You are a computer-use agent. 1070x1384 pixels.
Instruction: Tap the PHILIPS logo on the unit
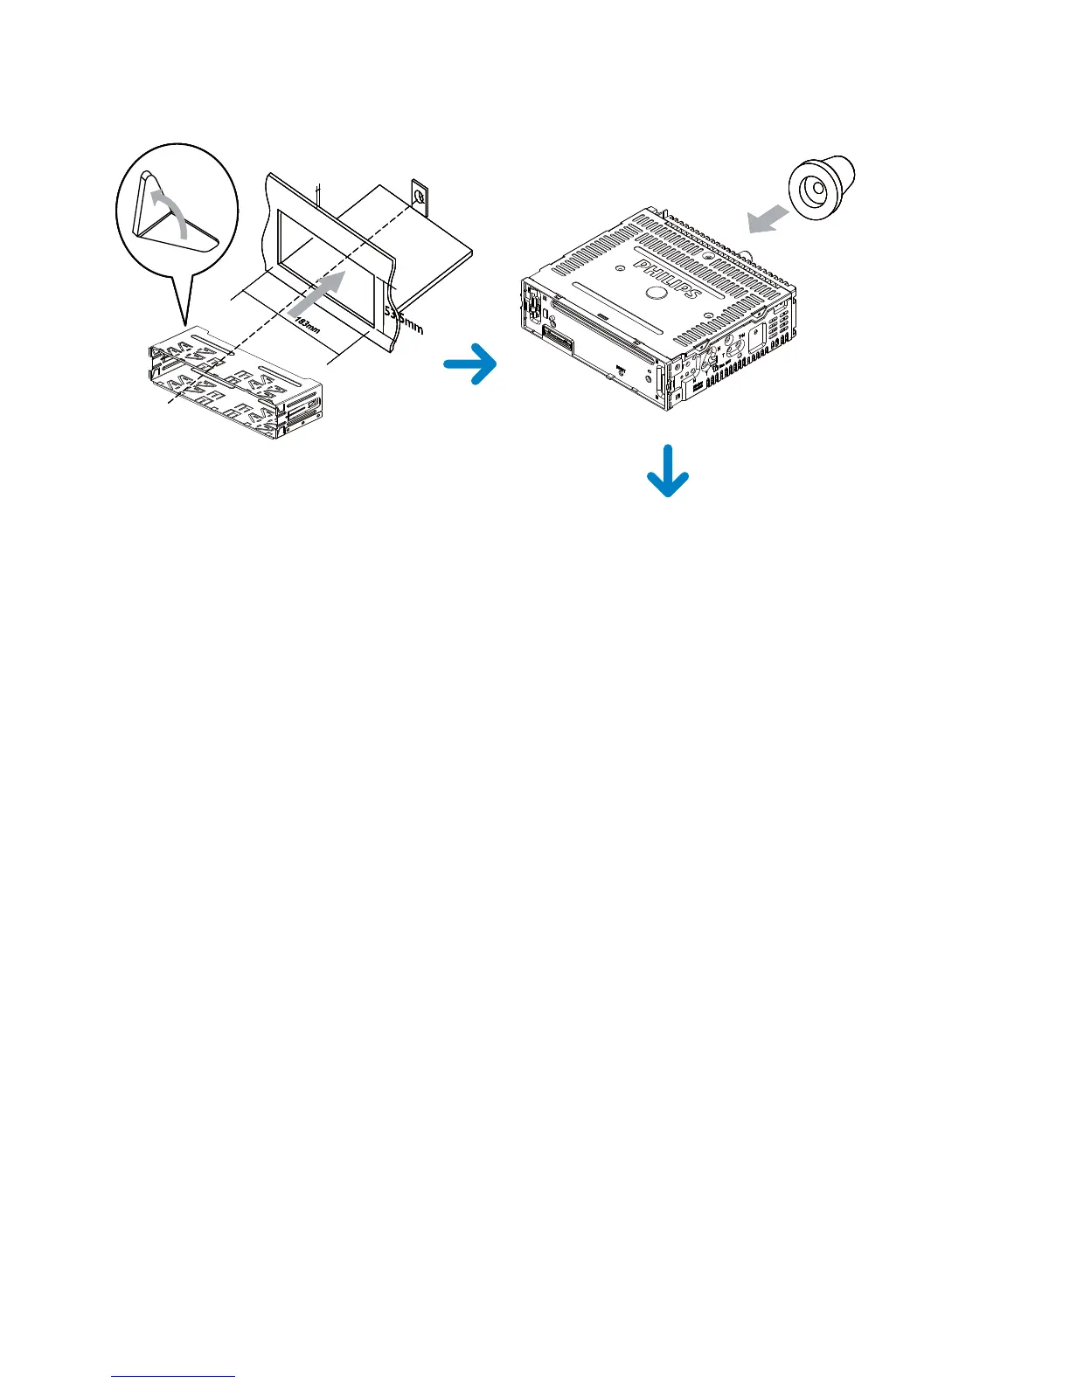(x=667, y=279)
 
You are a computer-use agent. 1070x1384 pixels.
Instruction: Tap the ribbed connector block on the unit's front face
(x=559, y=336)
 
